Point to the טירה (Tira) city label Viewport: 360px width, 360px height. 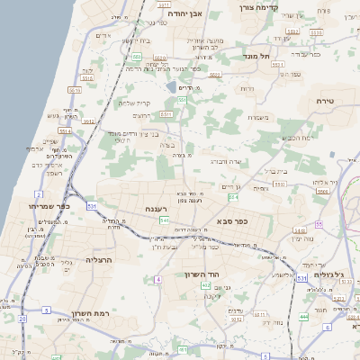pos(325,102)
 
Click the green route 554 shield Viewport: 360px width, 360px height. pos(233,196)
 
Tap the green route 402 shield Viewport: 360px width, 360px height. pos(206,285)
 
